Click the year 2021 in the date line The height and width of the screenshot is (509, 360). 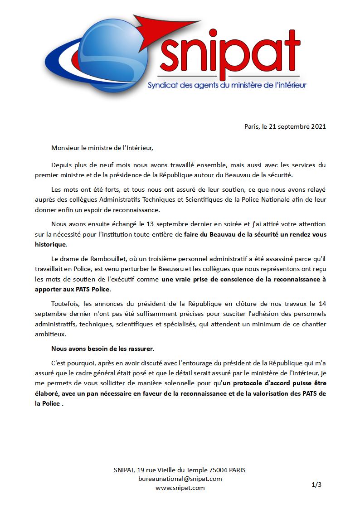[318, 126]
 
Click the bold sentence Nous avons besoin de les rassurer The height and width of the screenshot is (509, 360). [102, 349]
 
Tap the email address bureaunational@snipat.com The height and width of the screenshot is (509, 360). [180, 479]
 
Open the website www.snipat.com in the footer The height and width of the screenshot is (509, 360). [180, 488]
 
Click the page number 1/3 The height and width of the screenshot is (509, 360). [316, 485]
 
